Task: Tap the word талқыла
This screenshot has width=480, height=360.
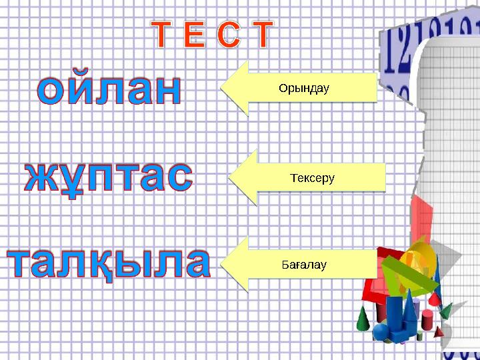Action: [109, 263]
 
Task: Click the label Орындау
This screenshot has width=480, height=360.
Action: [304, 88]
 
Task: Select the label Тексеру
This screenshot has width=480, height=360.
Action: [312, 178]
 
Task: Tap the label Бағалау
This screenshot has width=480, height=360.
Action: [304, 265]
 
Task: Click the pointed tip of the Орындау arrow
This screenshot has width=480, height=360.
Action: [221, 88]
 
